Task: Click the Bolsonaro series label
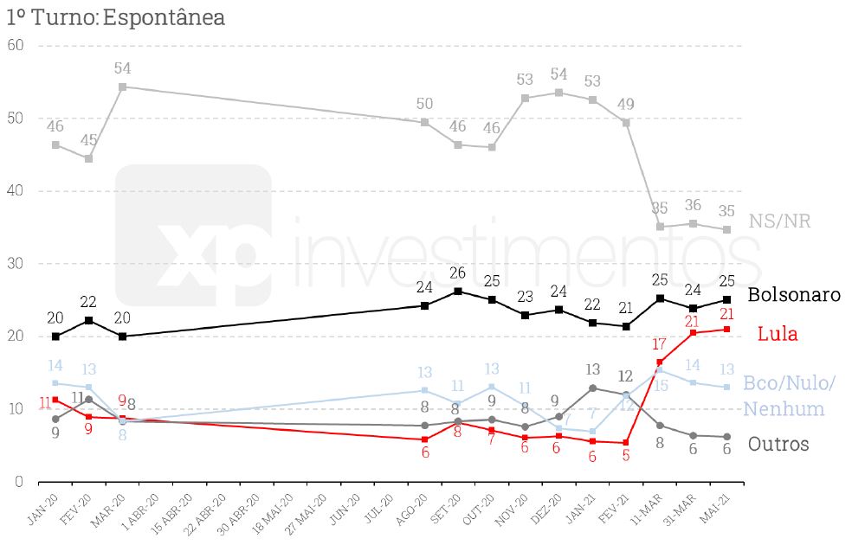point(794,294)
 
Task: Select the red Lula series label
point(777,334)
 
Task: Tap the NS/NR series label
point(779,221)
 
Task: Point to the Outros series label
point(778,444)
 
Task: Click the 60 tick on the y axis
point(15,45)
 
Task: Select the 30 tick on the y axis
point(15,263)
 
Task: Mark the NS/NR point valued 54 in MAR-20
point(122,87)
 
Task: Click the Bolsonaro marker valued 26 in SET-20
point(458,291)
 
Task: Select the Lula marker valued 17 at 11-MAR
point(660,362)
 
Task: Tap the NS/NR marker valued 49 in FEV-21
point(626,122)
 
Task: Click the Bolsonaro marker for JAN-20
point(55,337)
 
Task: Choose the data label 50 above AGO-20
point(424,105)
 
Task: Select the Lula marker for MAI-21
point(727,329)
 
